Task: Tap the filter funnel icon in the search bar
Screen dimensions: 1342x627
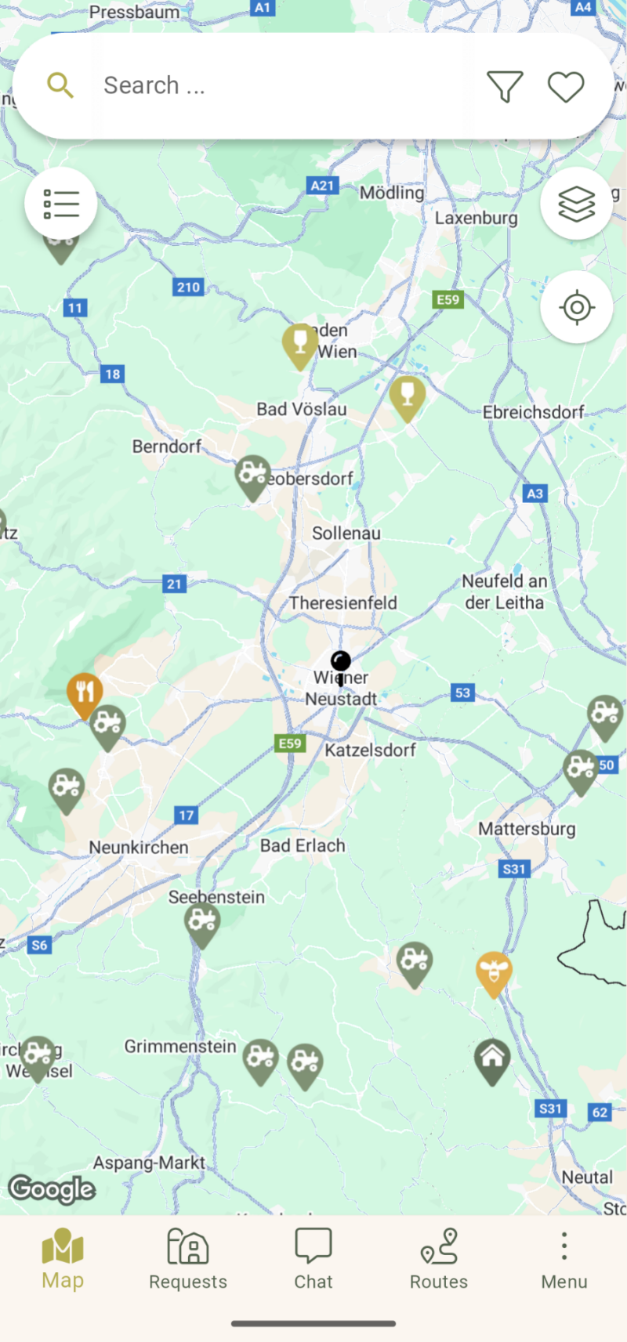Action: click(x=504, y=86)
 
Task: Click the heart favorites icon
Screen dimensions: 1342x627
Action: click(x=565, y=86)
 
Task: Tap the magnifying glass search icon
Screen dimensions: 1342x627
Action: click(x=60, y=85)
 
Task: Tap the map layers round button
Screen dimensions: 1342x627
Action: click(x=576, y=204)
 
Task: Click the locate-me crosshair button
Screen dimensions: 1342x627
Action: click(x=576, y=307)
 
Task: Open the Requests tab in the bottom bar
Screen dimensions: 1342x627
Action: click(x=188, y=1259)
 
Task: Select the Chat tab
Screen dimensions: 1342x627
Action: click(x=313, y=1259)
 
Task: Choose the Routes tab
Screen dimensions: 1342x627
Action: click(x=439, y=1259)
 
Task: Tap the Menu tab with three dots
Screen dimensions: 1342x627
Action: click(x=564, y=1259)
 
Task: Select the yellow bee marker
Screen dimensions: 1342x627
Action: click(x=494, y=972)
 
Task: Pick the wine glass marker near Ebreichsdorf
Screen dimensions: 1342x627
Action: click(x=408, y=395)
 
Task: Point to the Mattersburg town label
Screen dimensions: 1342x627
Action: click(x=527, y=829)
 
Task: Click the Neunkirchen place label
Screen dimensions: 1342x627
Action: click(x=139, y=847)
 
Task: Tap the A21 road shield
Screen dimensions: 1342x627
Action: click(x=322, y=186)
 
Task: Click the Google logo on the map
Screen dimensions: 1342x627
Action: click(x=52, y=1189)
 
